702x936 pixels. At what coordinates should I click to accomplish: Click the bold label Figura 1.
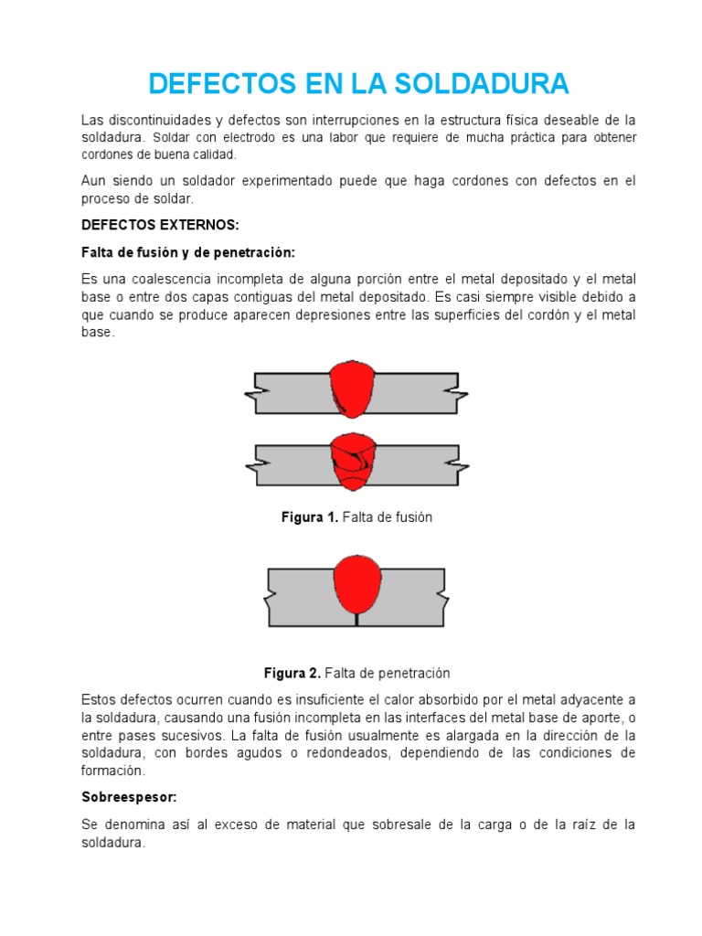[309, 517]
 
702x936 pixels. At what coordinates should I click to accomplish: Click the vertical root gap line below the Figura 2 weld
[356, 619]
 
